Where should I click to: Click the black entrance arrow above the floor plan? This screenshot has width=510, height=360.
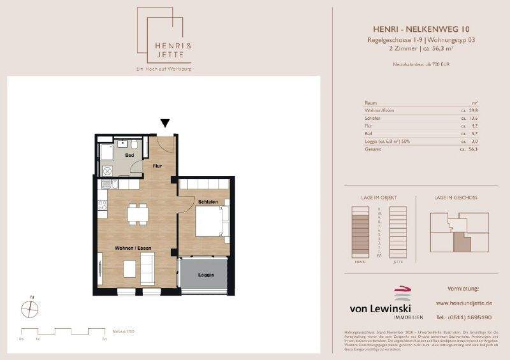point(165,124)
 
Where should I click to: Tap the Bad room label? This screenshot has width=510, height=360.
point(129,154)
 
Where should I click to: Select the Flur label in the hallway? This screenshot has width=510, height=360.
point(157,166)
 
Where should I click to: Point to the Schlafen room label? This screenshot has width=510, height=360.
point(208,202)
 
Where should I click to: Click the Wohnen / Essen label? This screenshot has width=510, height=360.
point(133,247)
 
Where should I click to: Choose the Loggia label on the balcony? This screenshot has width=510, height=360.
point(205,275)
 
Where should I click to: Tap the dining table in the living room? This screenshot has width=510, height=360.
point(138,213)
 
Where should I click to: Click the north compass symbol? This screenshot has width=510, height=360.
point(30,308)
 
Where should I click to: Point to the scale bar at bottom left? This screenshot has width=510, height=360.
point(62,332)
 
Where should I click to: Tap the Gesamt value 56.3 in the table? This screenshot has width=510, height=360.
point(472,149)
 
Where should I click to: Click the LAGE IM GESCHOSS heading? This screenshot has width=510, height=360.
point(456,198)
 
